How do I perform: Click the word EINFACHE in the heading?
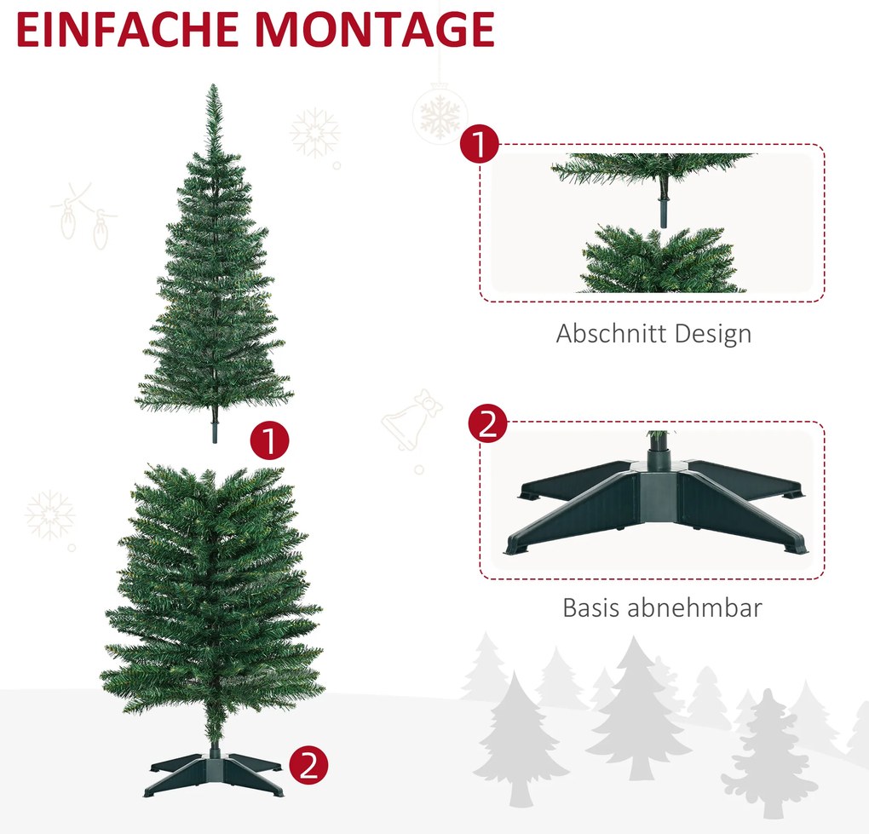coord(128,29)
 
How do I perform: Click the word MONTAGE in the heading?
coord(375,29)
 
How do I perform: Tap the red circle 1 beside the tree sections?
coord(269,440)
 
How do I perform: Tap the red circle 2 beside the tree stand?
coord(308,765)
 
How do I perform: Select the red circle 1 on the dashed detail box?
coord(480,143)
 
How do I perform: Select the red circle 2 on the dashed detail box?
coord(487,423)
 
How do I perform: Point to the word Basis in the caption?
coord(590,607)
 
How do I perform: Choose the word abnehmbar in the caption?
coord(694,607)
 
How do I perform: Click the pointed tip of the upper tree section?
coord(213,85)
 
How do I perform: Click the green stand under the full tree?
coord(214,770)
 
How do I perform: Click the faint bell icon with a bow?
coord(411,419)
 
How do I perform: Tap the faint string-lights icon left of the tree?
coord(84,216)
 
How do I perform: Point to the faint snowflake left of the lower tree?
coord(50,515)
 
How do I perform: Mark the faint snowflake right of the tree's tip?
coord(314,133)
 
